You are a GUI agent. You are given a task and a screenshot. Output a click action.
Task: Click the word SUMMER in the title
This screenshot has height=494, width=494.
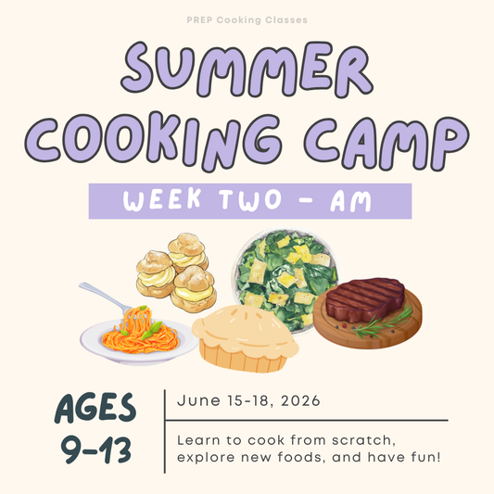click(247, 71)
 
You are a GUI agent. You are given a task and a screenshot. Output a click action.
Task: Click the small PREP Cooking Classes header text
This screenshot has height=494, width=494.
click(247, 19)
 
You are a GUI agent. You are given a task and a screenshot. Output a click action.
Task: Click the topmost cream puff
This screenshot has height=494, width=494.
click(187, 247)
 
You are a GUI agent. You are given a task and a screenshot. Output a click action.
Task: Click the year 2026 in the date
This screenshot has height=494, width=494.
click(298, 401)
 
